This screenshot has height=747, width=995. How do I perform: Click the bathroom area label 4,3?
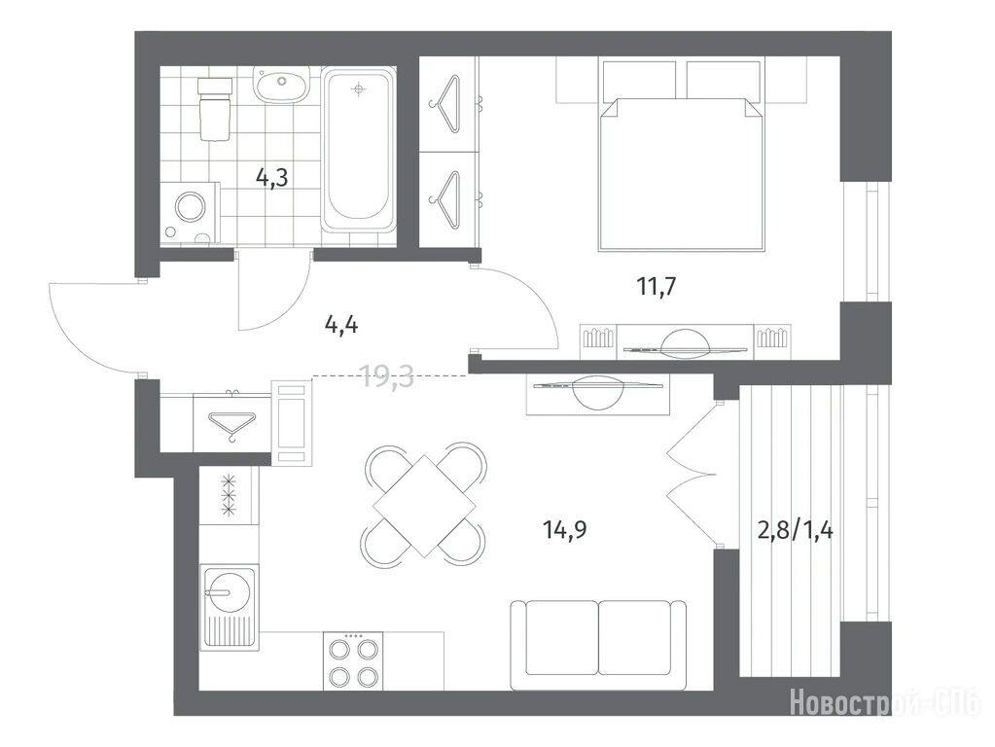271,178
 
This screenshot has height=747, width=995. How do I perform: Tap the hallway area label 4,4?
340,326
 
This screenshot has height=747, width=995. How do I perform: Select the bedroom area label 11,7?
657,287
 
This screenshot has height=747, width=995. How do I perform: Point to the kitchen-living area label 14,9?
564,528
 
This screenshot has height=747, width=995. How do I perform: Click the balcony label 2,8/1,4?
796,528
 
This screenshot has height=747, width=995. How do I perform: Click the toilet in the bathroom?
213,108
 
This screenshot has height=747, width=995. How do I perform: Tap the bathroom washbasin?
282,84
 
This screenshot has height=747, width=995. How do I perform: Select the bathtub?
359,150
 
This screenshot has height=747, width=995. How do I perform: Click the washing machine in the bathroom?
189,213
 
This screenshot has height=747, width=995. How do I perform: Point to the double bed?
680,156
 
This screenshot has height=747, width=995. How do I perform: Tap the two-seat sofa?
598,644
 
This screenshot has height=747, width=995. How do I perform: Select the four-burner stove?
353,660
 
